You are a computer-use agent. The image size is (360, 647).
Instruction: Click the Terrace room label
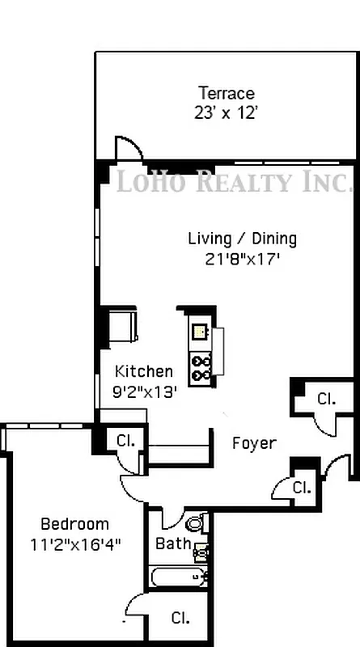pos(227,93)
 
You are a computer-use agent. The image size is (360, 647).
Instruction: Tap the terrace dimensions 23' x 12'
pos(227,113)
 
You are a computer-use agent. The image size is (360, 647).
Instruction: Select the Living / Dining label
pos(242,239)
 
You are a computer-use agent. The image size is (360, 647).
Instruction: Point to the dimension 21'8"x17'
pos(242,260)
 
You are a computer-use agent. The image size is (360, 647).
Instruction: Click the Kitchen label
pos(144,371)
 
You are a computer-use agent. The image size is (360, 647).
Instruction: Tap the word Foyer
pos(254,443)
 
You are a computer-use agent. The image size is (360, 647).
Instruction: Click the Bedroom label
pos(74,523)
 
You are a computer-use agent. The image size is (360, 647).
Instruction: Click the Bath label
pos(173,543)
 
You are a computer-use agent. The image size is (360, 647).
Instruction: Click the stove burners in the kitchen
pos(201,368)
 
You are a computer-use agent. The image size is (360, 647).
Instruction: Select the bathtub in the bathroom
pos(180,577)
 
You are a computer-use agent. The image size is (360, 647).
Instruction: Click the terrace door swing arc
pos(129,147)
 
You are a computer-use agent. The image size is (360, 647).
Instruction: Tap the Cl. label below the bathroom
pos(180,618)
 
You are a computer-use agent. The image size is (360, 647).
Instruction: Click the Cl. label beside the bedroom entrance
pos(126,441)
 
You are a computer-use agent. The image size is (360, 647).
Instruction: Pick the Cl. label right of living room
pos(325,398)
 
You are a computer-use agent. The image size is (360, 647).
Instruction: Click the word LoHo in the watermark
pos(150,181)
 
